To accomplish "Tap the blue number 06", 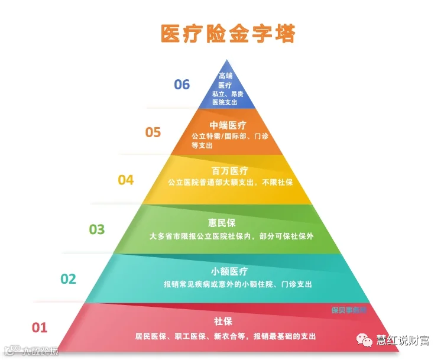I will (182, 85).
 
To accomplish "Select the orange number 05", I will (153, 132).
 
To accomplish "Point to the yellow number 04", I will (126, 180).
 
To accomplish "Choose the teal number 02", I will (69, 278).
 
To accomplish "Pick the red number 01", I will (39, 327).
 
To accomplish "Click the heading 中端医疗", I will (228, 125).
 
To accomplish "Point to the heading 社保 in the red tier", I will (223, 322).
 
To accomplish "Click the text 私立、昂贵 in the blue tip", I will (228, 94).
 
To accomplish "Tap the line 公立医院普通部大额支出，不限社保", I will (231, 182).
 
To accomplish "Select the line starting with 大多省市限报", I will (231, 235).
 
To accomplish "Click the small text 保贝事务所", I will (349, 310).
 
